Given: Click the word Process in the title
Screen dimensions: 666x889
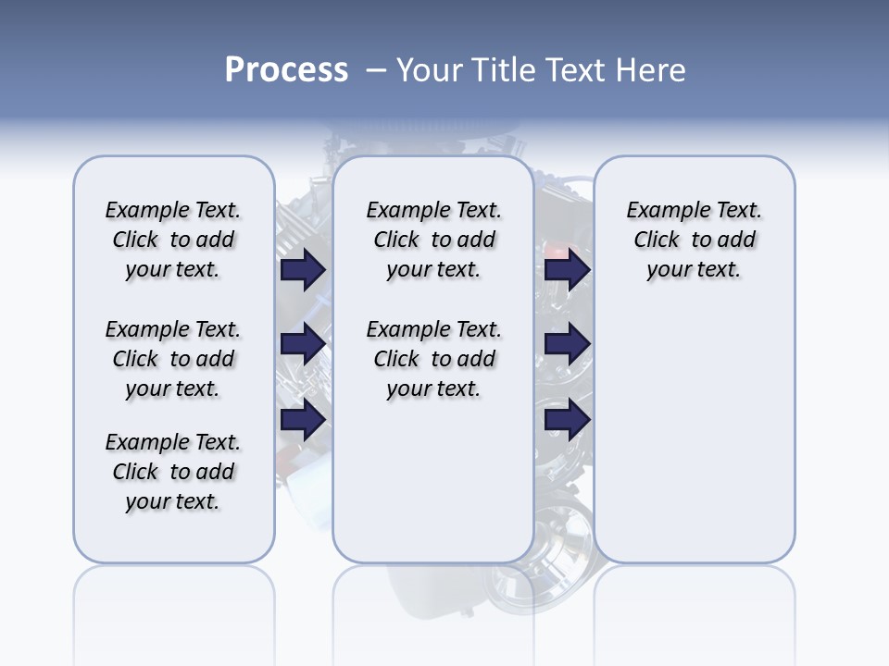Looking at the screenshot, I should [x=286, y=70].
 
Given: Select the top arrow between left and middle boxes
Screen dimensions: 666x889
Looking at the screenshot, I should [x=303, y=269].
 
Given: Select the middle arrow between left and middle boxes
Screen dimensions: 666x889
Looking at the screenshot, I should [x=303, y=344].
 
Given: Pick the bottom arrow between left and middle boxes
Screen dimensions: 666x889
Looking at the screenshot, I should [x=303, y=421].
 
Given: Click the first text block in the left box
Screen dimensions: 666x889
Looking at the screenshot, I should [x=173, y=240].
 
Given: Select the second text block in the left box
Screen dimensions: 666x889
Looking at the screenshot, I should [x=173, y=359].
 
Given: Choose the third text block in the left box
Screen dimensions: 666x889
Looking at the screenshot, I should [x=173, y=472].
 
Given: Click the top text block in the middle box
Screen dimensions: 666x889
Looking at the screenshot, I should [x=433, y=240].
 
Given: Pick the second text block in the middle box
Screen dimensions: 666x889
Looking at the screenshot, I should [x=433, y=359].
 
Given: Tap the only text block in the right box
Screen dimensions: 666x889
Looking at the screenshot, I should [x=694, y=240].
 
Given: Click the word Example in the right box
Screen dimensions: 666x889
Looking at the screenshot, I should [x=660, y=211].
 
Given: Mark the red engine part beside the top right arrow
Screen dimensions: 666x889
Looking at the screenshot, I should [x=554, y=250].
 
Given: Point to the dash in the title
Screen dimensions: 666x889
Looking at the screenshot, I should [x=376, y=70].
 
